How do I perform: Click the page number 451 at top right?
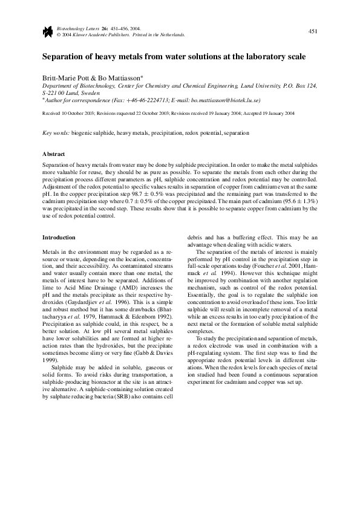[x=313, y=31]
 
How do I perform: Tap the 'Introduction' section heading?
[x=59, y=238]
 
